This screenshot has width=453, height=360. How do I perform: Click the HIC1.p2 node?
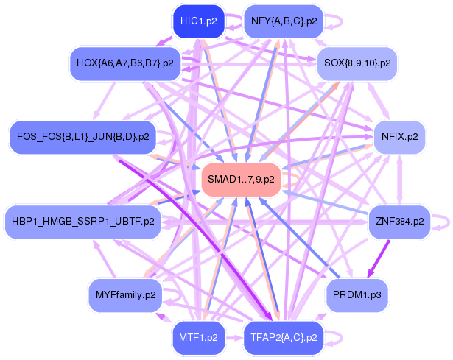(x=198, y=21)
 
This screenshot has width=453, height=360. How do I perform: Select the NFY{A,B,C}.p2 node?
(x=284, y=21)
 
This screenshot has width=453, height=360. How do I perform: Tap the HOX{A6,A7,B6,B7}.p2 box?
(x=124, y=63)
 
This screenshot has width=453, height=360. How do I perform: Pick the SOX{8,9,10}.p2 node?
(x=357, y=63)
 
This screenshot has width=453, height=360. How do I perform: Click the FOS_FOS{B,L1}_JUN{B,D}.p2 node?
(x=80, y=136)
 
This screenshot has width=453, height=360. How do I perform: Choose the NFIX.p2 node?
(x=399, y=136)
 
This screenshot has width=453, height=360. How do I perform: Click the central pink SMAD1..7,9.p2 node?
(x=241, y=179)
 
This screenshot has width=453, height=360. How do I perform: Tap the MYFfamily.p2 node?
(x=125, y=295)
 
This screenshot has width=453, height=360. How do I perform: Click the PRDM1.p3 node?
(x=357, y=295)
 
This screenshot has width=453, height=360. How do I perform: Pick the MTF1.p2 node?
(x=198, y=338)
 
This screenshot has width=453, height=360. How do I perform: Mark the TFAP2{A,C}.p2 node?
(x=284, y=338)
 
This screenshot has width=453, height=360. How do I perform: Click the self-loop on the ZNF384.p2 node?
(x=440, y=220)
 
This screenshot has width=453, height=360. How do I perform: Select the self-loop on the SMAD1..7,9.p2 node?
(x=292, y=179)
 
